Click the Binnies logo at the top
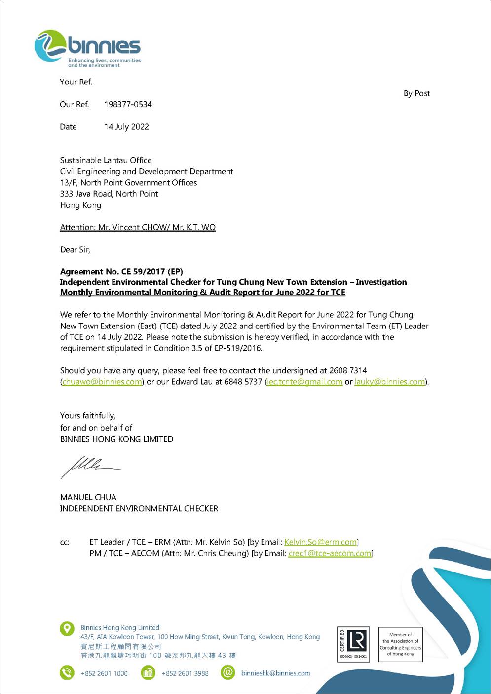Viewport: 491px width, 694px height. (x=88, y=48)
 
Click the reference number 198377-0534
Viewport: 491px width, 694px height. (x=128, y=104)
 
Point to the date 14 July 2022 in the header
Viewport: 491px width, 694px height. (x=126, y=127)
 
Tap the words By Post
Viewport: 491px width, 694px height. (x=416, y=93)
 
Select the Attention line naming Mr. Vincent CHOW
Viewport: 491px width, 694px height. (x=138, y=227)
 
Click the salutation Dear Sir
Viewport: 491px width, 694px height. (x=75, y=250)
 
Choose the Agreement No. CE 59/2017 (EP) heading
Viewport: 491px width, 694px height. (x=121, y=271)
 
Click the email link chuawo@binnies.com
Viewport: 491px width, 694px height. (x=102, y=382)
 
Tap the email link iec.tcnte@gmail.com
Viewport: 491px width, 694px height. (x=304, y=382)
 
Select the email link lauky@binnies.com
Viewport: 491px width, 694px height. (x=390, y=382)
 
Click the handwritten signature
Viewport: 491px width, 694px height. (x=89, y=466)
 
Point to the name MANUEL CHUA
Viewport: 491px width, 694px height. (x=88, y=497)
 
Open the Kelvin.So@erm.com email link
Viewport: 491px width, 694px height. (x=321, y=542)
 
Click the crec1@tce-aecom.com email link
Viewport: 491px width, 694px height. (x=330, y=553)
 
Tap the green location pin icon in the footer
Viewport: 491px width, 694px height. (x=67, y=628)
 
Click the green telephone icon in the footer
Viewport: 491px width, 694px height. (x=67, y=673)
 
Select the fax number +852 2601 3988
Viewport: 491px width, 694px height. (x=185, y=673)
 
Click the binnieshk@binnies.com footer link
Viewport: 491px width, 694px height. (x=276, y=673)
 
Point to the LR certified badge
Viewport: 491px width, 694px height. (x=353, y=644)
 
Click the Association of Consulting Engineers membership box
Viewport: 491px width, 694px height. (x=400, y=644)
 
